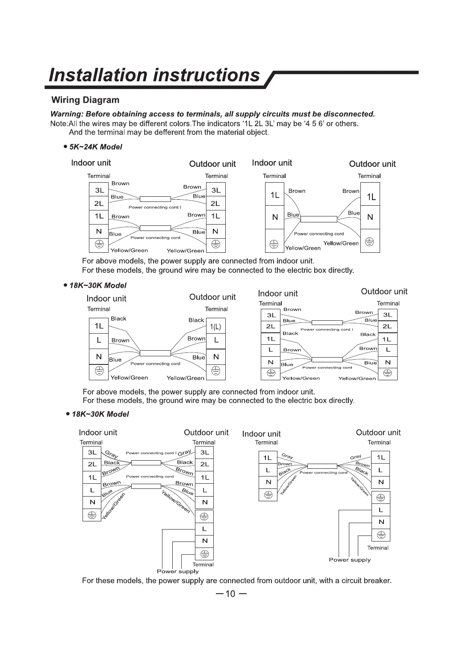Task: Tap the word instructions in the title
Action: (206, 75)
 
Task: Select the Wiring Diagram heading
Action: (85, 100)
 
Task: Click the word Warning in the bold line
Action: (66, 114)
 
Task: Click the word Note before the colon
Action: (59, 124)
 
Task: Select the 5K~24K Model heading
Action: (95, 147)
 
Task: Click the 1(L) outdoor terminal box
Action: (215, 327)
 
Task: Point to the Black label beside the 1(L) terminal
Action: (196, 320)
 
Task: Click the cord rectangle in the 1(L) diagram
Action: (155, 353)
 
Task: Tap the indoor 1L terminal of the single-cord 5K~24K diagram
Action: (274, 195)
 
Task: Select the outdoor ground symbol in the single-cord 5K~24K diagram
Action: (370, 243)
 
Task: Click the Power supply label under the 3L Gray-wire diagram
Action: (177, 571)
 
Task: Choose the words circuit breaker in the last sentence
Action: (367, 580)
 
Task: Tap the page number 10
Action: (230, 593)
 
